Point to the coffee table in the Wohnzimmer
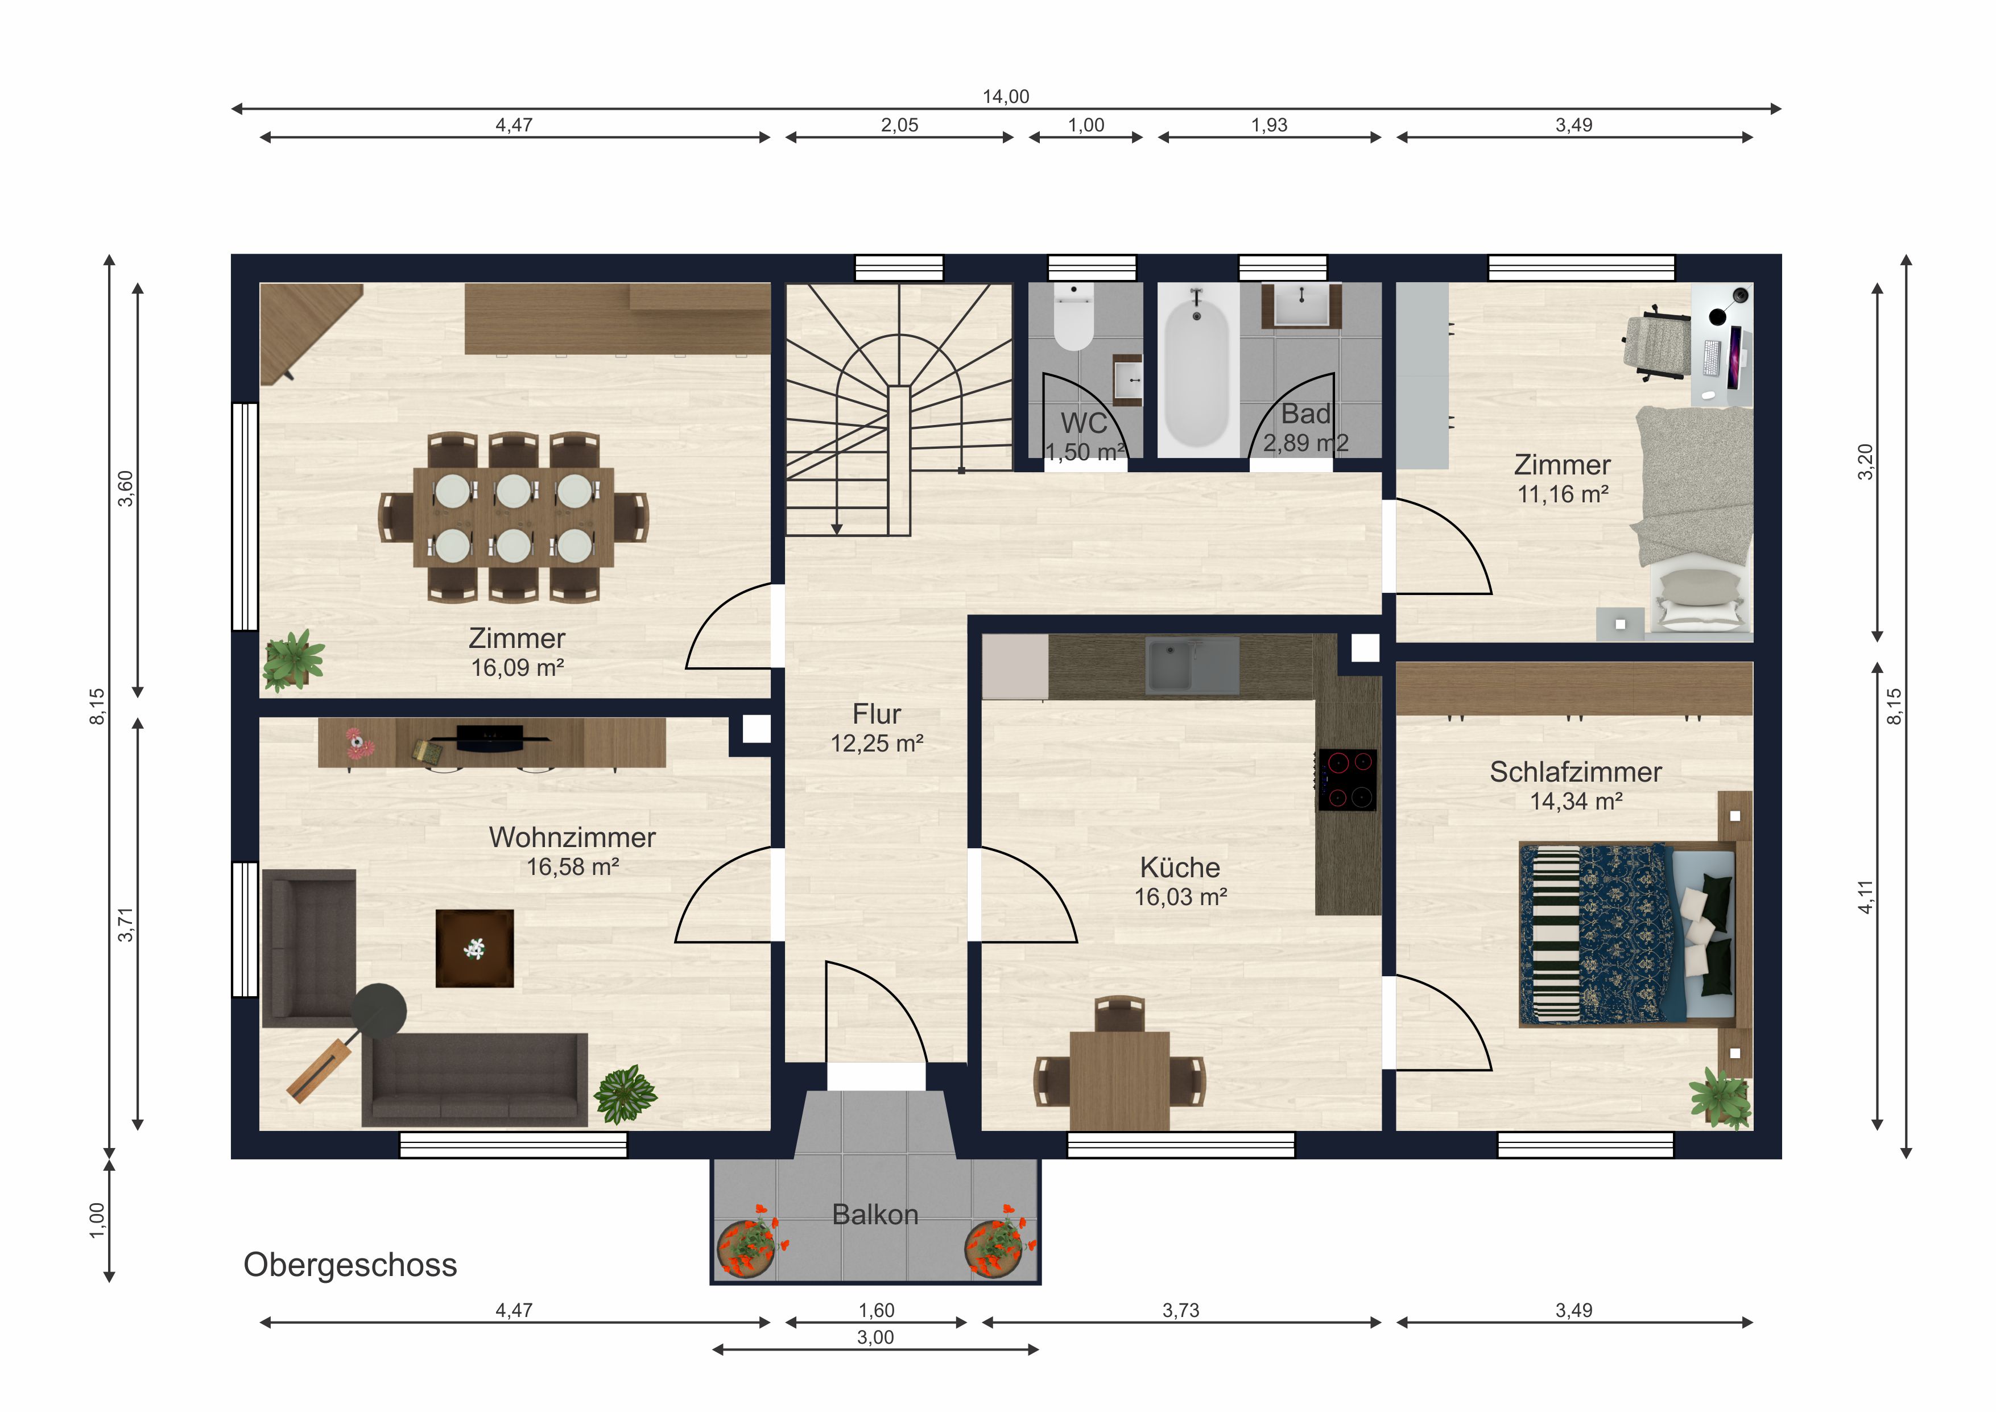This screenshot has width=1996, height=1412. [474, 948]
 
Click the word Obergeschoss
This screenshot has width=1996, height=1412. [350, 1265]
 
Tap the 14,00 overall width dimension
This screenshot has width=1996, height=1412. [1006, 97]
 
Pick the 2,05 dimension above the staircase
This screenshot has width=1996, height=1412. [900, 125]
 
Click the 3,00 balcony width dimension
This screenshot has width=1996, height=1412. [875, 1337]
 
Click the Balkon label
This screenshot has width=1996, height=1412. [875, 1215]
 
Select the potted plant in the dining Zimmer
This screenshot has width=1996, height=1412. [294, 660]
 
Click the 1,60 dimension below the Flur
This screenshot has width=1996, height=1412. [877, 1310]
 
